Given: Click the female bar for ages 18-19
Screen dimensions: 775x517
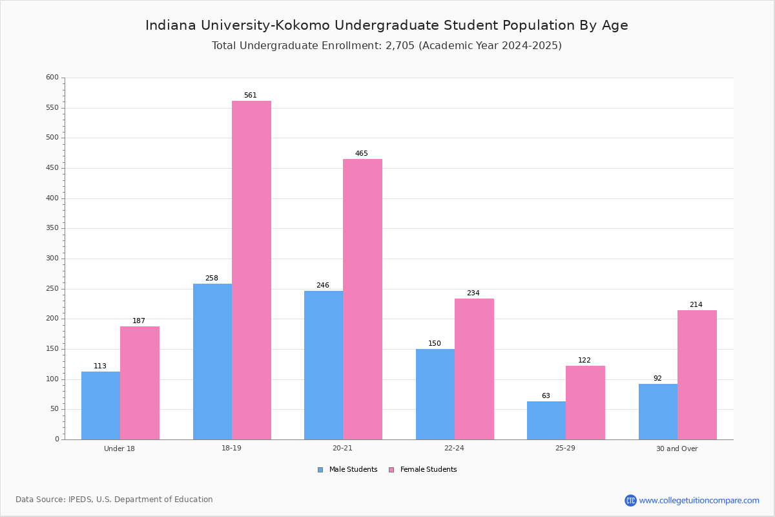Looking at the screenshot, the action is click(251, 270).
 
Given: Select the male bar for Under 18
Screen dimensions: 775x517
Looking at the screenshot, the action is click(101, 405).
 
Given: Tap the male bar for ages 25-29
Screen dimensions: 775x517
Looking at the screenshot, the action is click(546, 421).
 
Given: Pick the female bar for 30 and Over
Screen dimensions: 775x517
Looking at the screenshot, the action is click(697, 375).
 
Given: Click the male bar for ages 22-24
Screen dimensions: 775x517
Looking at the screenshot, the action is click(435, 394).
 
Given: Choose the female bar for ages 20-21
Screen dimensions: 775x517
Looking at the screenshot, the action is click(362, 299).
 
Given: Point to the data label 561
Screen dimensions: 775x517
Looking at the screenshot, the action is click(251, 95).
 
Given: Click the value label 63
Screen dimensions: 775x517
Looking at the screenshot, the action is click(546, 396).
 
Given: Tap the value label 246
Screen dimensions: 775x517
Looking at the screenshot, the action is click(323, 285).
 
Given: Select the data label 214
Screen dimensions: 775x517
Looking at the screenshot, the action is click(696, 304).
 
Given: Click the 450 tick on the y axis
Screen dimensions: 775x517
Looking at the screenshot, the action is click(52, 168).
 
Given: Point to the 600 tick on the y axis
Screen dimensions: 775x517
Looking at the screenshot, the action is click(52, 77).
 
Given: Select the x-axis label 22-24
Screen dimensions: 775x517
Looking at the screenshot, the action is click(454, 448).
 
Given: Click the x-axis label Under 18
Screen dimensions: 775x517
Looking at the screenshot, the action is click(119, 448).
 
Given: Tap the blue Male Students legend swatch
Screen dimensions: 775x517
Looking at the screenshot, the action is click(320, 470).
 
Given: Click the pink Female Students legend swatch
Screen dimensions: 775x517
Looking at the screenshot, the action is click(391, 470).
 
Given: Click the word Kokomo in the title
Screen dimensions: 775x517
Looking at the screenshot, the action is click(302, 25).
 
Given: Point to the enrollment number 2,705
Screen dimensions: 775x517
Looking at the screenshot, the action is click(400, 46).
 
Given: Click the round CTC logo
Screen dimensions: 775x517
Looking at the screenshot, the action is click(630, 500).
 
